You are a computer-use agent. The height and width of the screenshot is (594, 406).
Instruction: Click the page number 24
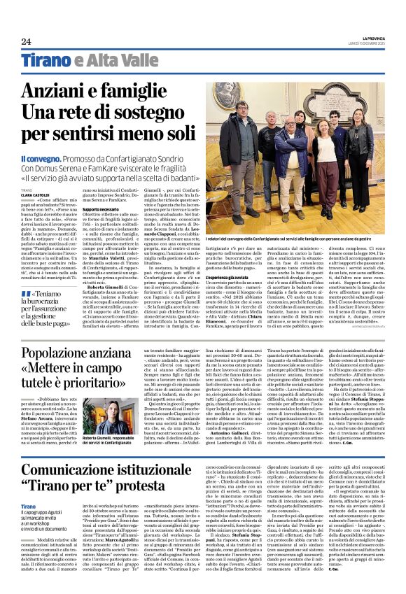(26, 41)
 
